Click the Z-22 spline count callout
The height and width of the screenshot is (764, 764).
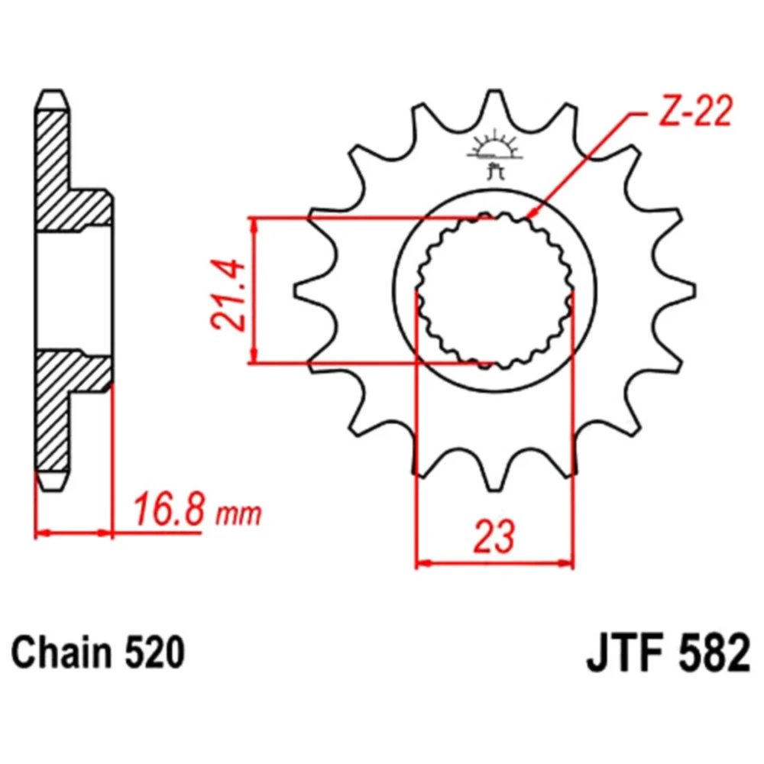[694, 111]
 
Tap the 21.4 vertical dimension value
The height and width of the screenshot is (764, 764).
[227, 295]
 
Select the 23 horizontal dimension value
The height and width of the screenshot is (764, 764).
[494, 537]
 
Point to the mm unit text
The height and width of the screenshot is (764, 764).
[238, 514]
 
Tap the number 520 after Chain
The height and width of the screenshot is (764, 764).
[155, 652]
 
